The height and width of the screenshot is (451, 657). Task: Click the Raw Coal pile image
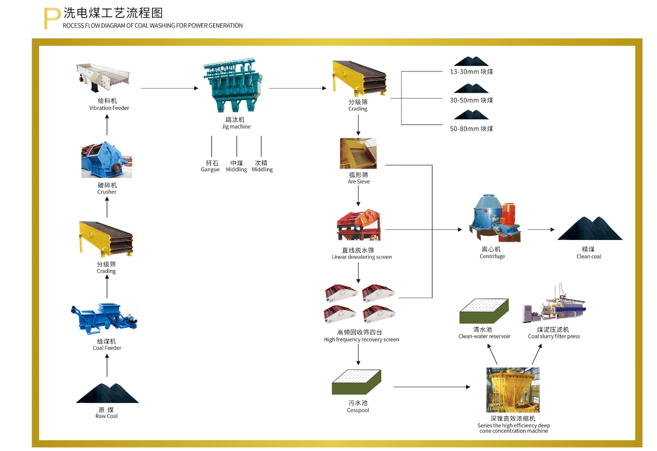coord(107,393)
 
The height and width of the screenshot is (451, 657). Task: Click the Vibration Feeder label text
coord(109,108)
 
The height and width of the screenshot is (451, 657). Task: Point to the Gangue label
coord(210,170)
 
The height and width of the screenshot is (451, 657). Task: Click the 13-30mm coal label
coord(471,72)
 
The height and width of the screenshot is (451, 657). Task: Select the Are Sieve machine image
coord(358,153)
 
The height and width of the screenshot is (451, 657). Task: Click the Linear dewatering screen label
coord(361,257)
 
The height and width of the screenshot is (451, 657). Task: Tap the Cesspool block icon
coord(357,383)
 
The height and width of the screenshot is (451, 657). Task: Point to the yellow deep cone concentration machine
coord(513,390)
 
